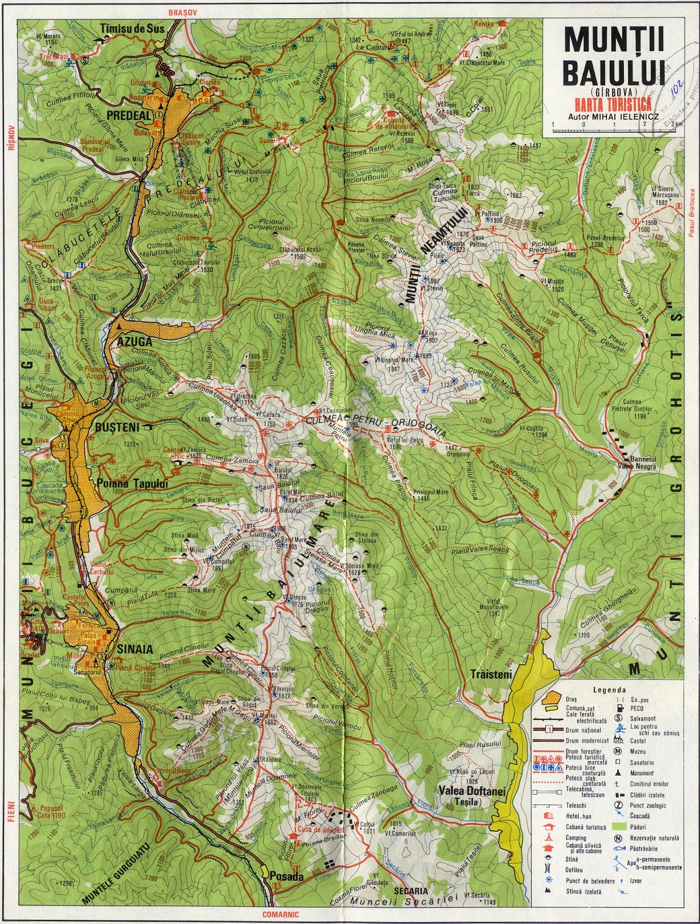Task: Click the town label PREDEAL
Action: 128,115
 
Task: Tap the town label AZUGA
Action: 134,341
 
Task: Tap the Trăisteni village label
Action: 492,673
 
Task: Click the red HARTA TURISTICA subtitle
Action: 615,104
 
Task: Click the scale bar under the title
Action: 616,131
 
